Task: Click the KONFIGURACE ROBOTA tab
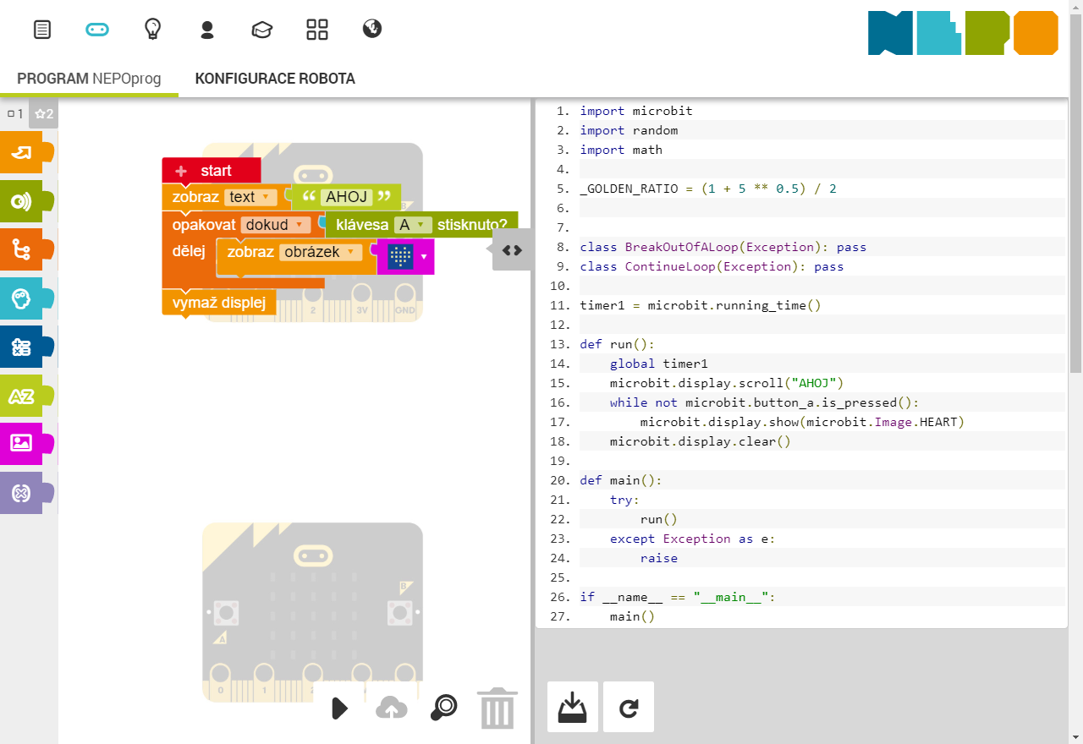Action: coord(275,79)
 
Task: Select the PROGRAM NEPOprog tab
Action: coord(89,79)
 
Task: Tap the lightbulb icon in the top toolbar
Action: coord(152,30)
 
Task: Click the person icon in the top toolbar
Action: coord(207,30)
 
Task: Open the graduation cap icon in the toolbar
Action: coord(262,30)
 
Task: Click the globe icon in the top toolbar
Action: coord(372,29)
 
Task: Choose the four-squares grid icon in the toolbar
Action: coord(317,30)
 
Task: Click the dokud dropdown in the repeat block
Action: coord(274,225)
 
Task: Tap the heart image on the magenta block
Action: coord(400,256)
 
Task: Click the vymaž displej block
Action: coord(219,303)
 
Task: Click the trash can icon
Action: coord(497,708)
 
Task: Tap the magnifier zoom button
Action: coord(443,708)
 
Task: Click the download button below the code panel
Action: coord(573,707)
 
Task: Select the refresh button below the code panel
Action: coord(629,707)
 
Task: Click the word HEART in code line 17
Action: coord(942,422)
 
